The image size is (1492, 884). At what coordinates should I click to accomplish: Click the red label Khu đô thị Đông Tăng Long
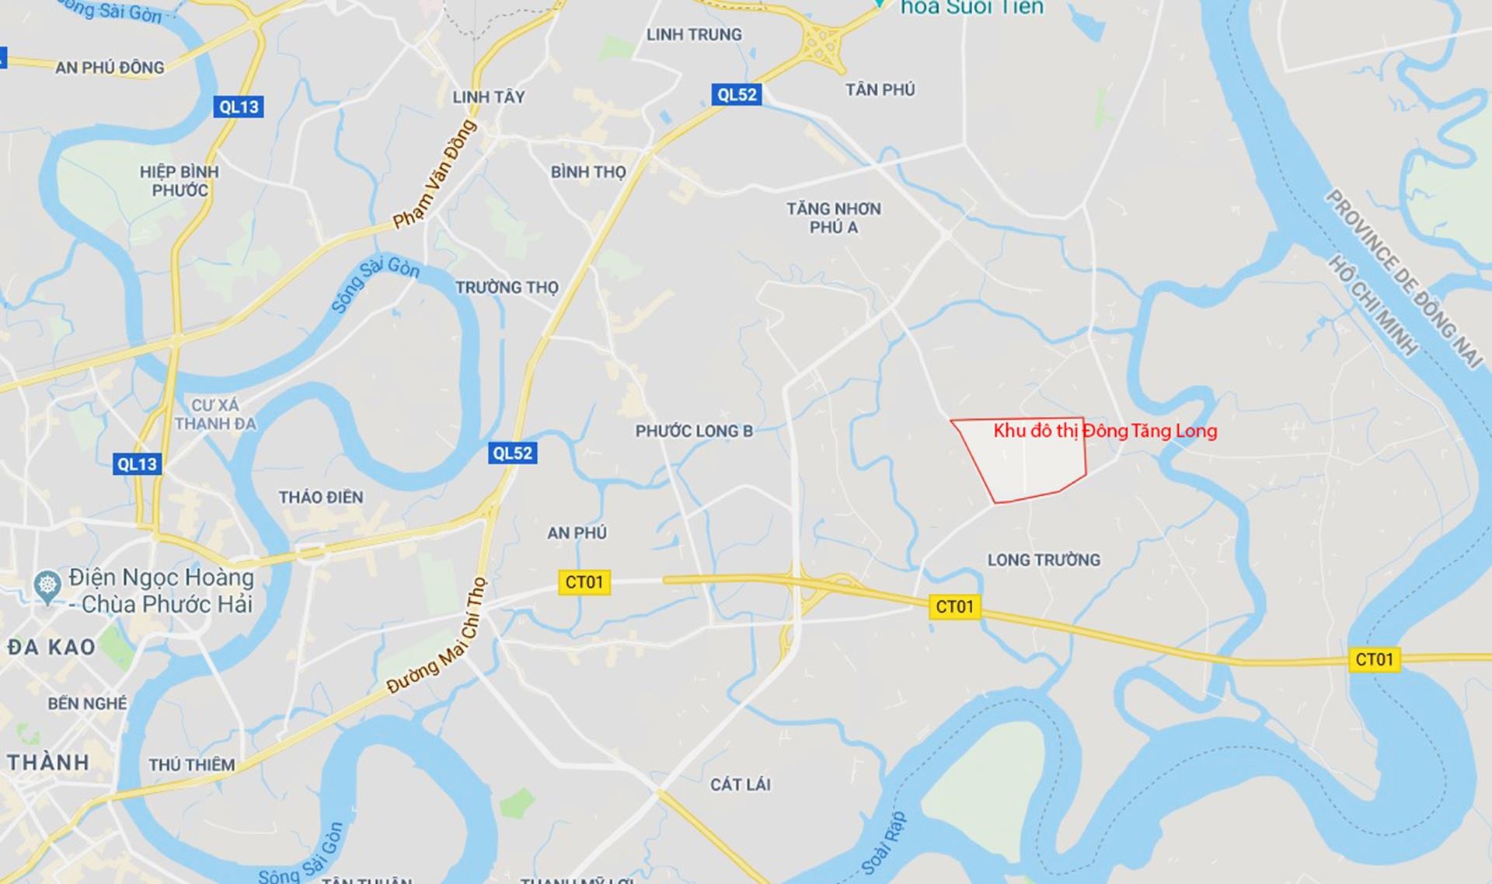(x=1105, y=431)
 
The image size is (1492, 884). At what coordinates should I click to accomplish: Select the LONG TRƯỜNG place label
(x=1044, y=560)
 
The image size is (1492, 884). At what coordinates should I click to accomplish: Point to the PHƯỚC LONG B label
(x=694, y=432)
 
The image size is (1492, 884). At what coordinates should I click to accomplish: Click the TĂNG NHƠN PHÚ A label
(x=833, y=218)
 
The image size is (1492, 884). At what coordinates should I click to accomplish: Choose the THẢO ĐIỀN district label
(x=321, y=498)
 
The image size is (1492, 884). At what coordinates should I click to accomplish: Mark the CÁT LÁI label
(x=740, y=784)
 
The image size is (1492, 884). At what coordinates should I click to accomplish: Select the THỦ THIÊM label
(x=192, y=765)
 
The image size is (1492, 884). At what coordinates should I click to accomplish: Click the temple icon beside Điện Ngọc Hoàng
(x=47, y=588)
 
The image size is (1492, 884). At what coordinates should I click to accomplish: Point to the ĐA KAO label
(x=51, y=647)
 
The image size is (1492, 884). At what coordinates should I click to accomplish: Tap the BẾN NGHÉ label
(x=87, y=704)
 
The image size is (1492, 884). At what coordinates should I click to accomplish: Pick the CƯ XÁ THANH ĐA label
(x=215, y=414)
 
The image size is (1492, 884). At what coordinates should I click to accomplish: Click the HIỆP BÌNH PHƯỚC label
(x=180, y=181)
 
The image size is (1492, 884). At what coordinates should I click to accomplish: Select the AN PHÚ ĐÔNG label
(x=110, y=68)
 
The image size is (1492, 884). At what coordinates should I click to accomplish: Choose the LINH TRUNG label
(x=694, y=35)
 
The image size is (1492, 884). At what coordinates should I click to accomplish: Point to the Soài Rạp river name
(x=884, y=844)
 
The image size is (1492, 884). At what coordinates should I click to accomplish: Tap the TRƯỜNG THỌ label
(x=507, y=288)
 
